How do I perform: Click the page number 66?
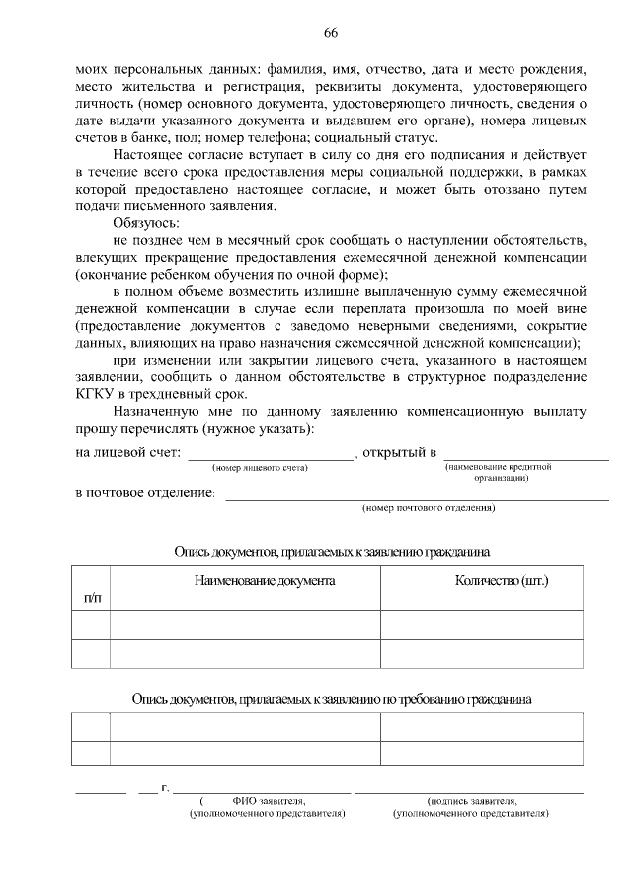click(331, 33)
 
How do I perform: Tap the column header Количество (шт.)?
click(502, 580)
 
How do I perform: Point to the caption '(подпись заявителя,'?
click(470, 802)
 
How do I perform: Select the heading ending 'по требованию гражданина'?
click(332, 699)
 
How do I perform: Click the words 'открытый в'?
click(399, 452)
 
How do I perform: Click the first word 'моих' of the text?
click(92, 70)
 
